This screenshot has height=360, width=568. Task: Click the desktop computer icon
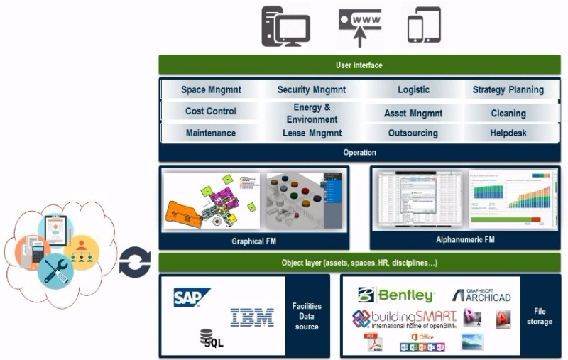click(285, 26)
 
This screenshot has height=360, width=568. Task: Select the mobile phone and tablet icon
click(424, 26)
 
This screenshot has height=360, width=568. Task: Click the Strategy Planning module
click(508, 90)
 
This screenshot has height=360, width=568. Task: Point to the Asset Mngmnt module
click(413, 114)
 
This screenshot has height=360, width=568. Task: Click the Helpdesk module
click(508, 133)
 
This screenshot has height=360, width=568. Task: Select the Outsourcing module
click(413, 133)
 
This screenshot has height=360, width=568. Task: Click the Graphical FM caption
click(253, 241)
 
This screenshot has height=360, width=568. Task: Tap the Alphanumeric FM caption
click(465, 240)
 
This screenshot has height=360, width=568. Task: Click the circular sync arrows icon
click(134, 263)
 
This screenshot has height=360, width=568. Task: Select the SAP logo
click(192, 298)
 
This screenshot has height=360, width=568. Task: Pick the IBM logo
click(251, 317)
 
